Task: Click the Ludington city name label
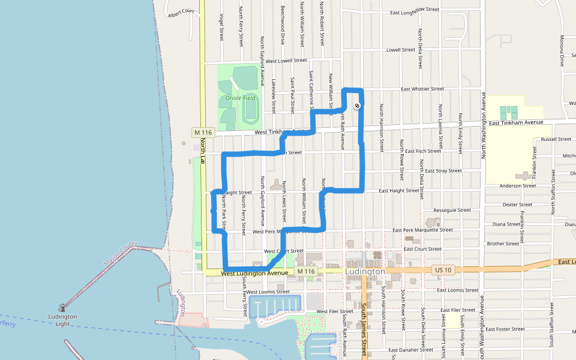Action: point(365,272)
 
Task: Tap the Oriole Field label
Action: point(240,98)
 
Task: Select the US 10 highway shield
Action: point(443,271)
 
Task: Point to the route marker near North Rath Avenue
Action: point(357,106)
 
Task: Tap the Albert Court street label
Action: point(181,12)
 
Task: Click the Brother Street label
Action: point(503,244)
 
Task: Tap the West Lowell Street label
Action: point(286,61)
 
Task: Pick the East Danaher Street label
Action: point(410,350)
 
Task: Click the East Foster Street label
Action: point(505,329)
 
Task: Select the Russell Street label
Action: point(556,139)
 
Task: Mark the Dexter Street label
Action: point(517,205)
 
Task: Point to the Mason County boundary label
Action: point(121,254)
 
